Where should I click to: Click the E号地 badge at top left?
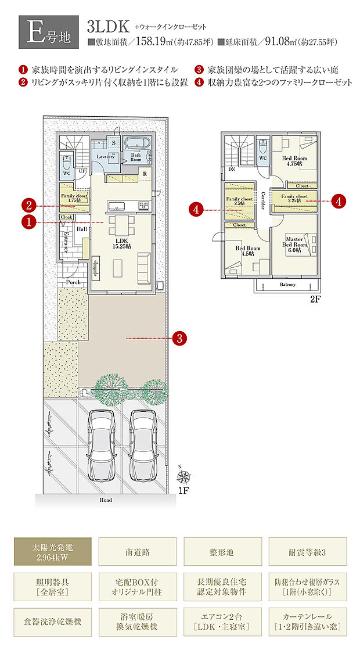[x=49, y=34]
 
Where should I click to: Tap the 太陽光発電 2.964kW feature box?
[x=52, y=551]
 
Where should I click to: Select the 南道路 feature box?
[x=138, y=551]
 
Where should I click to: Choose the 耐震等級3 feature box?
[x=308, y=551]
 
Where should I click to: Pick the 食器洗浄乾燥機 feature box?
[x=52, y=621]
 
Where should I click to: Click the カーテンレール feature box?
[x=308, y=621]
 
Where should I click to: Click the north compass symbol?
[x=184, y=477]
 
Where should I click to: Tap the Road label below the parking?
[x=105, y=499]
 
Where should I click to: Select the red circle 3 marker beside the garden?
[x=180, y=337]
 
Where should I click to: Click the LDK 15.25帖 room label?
[x=121, y=243]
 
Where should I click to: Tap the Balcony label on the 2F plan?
[x=287, y=285]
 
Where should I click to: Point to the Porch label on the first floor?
[x=73, y=282]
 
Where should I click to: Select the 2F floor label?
[x=315, y=300]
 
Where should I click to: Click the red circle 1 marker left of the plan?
[x=28, y=221]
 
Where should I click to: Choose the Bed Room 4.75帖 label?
[x=294, y=161]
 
